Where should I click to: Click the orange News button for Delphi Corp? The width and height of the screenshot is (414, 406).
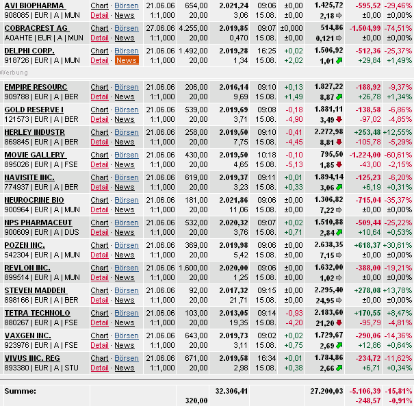(127, 60)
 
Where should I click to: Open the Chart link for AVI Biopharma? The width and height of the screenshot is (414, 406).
(99, 5)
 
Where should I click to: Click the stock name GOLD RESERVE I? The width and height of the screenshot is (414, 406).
(34, 110)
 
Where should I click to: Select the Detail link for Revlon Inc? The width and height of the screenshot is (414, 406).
(99, 277)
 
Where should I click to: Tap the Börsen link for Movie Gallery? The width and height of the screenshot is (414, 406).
(126, 155)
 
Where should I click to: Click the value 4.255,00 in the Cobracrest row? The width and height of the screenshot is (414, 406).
(193, 28)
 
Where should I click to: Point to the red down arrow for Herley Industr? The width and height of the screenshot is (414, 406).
(339, 142)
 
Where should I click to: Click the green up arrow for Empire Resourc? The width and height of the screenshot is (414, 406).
(339, 97)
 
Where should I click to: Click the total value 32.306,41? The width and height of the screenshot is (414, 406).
(231, 390)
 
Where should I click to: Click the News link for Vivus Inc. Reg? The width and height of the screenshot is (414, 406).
(125, 368)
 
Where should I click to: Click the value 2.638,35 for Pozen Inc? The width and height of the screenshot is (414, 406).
(328, 245)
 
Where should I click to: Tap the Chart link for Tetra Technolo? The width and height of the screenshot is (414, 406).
(99, 313)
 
